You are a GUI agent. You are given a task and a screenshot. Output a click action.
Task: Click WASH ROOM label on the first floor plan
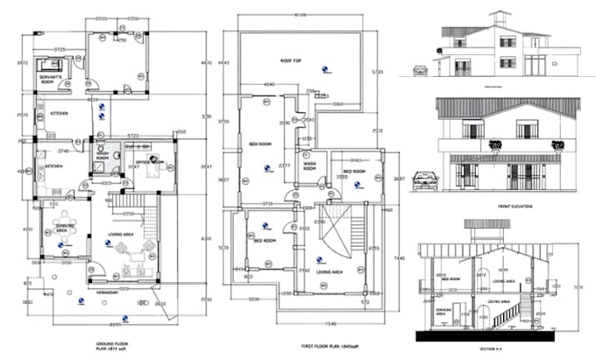310,165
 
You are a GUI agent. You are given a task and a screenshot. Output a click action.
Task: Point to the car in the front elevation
425,180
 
